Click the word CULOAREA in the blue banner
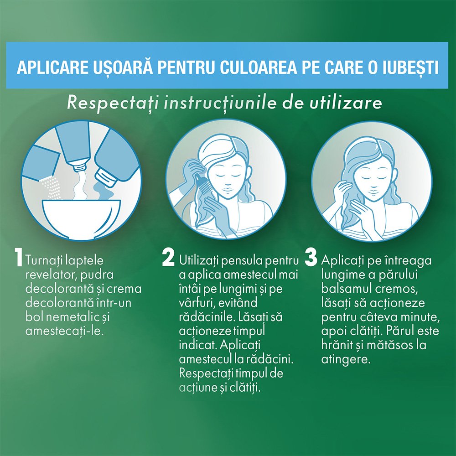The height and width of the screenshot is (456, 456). point(258,67)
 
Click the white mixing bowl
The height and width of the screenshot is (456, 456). point(81,217)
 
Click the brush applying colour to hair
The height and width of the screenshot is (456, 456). point(203,186)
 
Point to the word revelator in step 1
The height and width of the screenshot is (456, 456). point(49,275)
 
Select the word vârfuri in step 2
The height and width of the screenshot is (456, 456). point(196,303)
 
